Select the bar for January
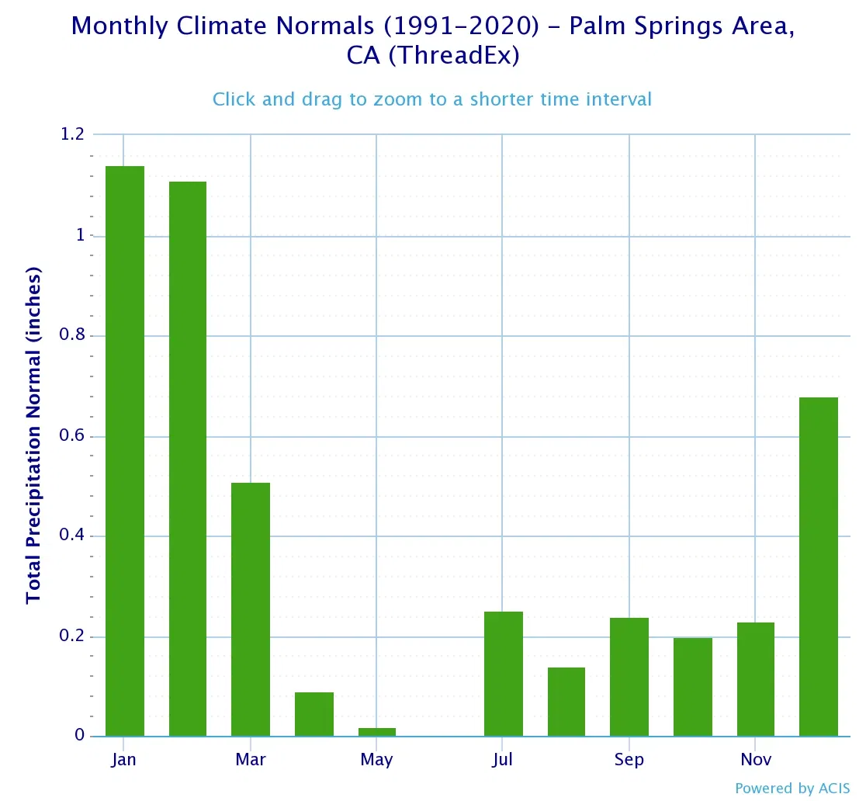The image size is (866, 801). (125, 451)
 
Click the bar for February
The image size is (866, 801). (188, 459)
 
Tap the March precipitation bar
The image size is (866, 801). (251, 609)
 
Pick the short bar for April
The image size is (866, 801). (314, 714)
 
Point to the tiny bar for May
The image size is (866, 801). (377, 732)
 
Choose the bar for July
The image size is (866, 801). (504, 674)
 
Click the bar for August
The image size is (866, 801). (566, 702)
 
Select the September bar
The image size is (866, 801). (629, 677)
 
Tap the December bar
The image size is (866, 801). (819, 567)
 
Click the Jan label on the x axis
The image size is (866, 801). (123, 759)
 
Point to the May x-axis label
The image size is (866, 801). (376, 759)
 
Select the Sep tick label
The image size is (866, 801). (629, 759)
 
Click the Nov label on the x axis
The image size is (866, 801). (755, 759)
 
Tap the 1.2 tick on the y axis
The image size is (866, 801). (72, 135)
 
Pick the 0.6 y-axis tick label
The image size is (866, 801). (72, 436)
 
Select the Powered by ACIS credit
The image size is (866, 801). (792, 788)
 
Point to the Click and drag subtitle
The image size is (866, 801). (432, 99)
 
